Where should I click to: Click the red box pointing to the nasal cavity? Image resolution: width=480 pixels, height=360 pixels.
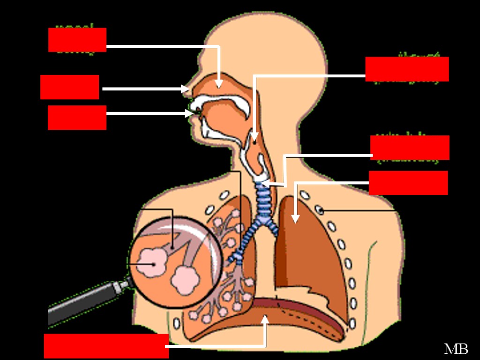(x=77, y=40)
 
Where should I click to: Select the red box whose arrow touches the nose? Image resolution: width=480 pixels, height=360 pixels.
(x=69, y=87)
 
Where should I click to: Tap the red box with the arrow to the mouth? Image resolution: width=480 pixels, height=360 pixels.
(x=77, y=117)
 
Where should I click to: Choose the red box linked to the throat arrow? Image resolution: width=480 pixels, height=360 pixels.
(x=407, y=69)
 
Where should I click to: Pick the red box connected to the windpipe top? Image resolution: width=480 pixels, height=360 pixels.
(x=410, y=147)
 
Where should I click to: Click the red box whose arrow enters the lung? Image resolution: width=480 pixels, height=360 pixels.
(x=408, y=182)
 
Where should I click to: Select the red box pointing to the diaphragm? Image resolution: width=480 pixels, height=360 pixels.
(x=106, y=346)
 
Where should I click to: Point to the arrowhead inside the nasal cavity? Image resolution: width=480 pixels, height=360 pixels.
(x=218, y=84)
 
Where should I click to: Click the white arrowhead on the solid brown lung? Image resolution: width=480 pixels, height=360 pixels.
(x=295, y=218)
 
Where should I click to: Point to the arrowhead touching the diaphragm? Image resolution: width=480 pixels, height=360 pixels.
(x=265, y=319)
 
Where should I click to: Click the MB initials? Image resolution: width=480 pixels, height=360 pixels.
(x=456, y=349)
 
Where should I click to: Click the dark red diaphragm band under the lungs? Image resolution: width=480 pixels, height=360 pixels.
(x=300, y=309)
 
